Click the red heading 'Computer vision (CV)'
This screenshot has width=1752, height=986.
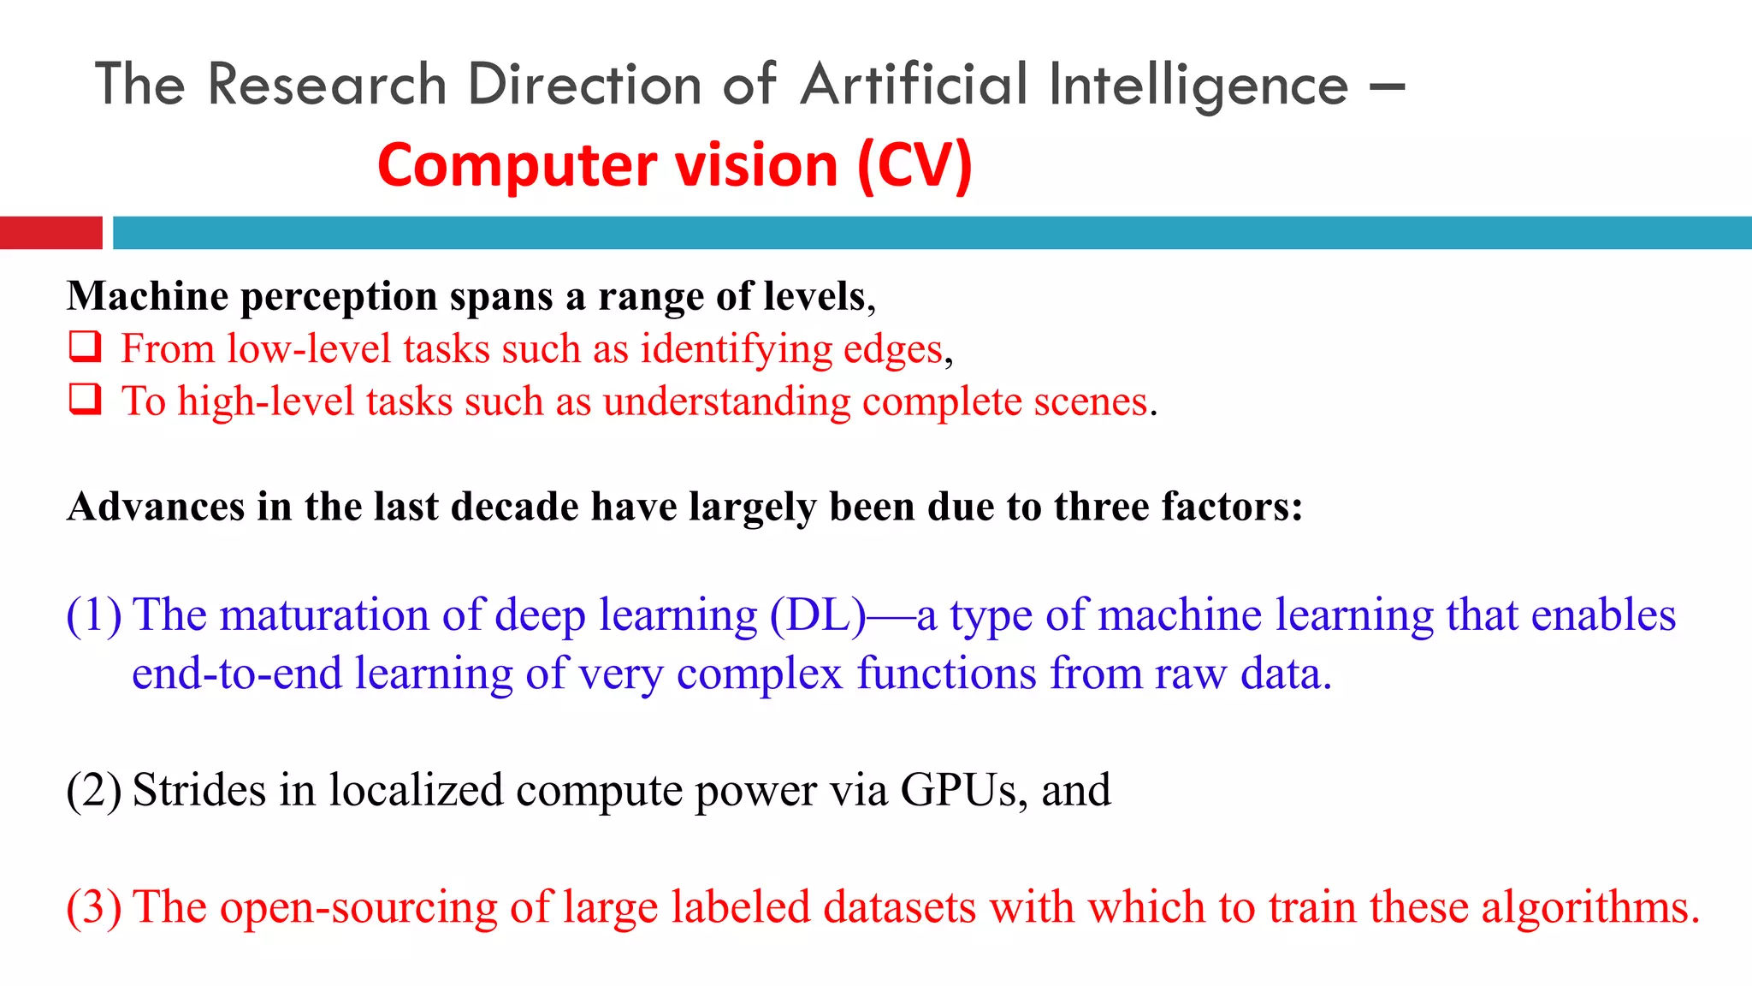coord(675,164)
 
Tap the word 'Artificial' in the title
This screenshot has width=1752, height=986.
coord(914,85)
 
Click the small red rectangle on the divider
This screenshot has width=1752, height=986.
coord(51,233)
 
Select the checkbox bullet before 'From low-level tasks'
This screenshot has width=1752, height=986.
coord(85,347)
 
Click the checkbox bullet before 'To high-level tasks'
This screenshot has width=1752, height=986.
coord(85,399)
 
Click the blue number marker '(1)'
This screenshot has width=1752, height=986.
coord(94,615)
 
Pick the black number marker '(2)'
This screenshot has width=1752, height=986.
coord(94,790)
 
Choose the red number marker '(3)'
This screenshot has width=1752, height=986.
coord(94,907)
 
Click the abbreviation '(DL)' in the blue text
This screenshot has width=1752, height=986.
coord(818,615)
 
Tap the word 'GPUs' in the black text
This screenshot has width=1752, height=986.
coord(958,790)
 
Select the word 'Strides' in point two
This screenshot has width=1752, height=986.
coord(199,790)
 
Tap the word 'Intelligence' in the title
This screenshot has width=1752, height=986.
coord(1199,85)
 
